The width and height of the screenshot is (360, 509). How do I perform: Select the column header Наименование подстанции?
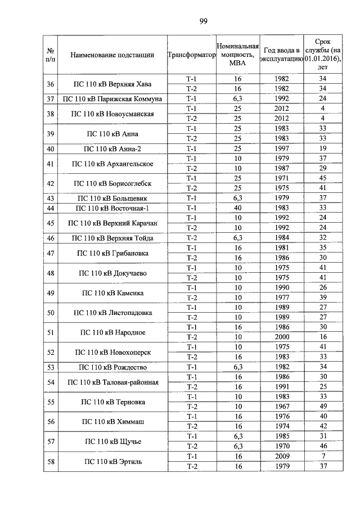(x=112, y=55)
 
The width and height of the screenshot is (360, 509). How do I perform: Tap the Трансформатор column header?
(x=192, y=55)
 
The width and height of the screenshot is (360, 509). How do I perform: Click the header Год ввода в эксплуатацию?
(x=282, y=55)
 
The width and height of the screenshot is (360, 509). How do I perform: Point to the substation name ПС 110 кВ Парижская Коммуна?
(x=112, y=99)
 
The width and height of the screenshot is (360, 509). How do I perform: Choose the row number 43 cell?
(x=51, y=198)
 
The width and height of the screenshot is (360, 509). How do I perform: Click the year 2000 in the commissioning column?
(x=282, y=337)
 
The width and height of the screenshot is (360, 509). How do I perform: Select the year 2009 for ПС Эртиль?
(x=282, y=456)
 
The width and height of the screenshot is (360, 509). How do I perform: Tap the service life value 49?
(x=323, y=407)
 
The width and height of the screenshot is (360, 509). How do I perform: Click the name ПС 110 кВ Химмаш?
(x=112, y=421)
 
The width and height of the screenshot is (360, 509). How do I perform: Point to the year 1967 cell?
(x=282, y=407)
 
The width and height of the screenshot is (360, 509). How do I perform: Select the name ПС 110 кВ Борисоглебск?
(x=112, y=183)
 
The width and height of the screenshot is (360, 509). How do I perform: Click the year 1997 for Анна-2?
(x=282, y=148)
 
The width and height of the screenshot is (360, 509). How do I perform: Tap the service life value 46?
(x=323, y=446)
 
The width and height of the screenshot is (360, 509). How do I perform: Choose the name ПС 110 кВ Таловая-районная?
(x=112, y=382)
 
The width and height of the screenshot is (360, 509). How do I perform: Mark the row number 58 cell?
(x=51, y=461)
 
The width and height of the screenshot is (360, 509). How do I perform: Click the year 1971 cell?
(x=282, y=178)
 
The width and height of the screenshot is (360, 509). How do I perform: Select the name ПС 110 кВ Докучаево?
(x=112, y=273)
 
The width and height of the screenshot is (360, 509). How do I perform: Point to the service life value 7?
(x=323, y=456)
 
